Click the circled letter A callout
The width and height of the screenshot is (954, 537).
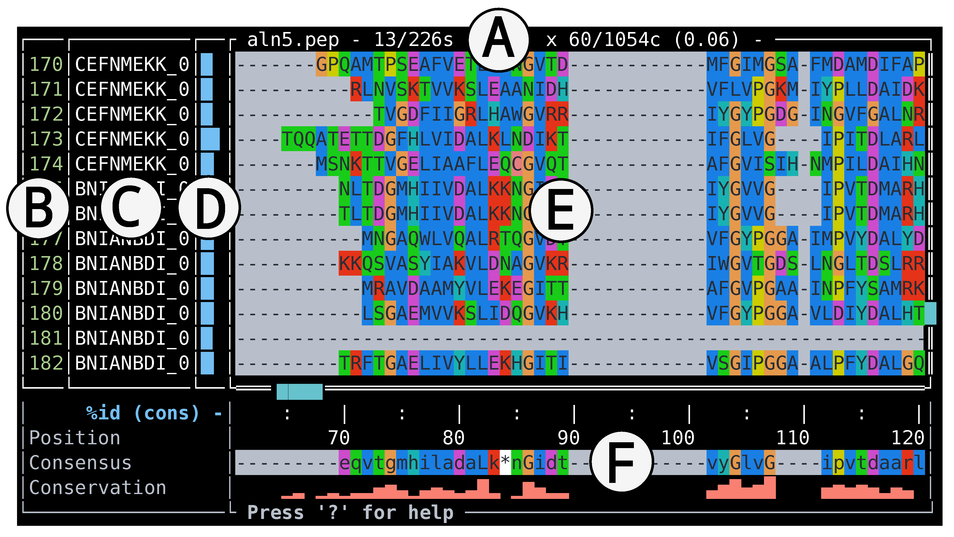pyautogui.click(x=498, y=40)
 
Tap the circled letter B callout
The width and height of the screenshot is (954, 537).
pyautogui.click(x=38, y=208)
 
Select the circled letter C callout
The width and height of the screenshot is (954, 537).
pyautogui.click(x=131, y=208)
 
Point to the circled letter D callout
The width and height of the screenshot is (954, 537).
pyautogui.click(x=209, y=208)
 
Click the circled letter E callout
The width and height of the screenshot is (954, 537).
pyautogui.click(x=561, y=210)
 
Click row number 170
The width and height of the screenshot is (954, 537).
pyautogui.click(x=46, y=65)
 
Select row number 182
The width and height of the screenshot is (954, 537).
pyautogui.click(x=46, y=363)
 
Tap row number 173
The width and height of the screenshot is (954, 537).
pyautogui.click(x=46, y=139)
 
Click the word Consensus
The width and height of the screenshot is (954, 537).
pyautogui.click(x=80, y=463)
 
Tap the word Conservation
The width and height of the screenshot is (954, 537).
pyautogui.click(x=97, y=488)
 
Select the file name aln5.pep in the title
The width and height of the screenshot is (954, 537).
pyautogui.click(x=293, y=40)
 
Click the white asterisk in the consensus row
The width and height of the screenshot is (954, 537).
pyautogui.click(x=505, y=462)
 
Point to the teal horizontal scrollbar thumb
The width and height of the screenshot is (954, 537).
pyautogui.click(x=299, y=391)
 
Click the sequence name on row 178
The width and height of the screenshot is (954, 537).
pyautogui.click(x=132, y=264)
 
